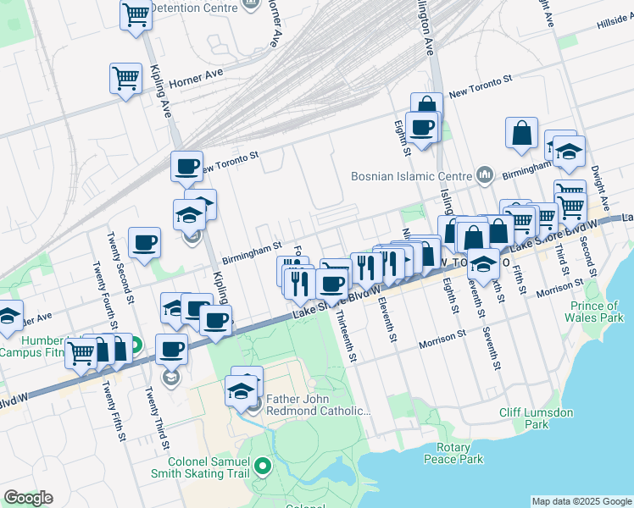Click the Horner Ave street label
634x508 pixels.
(x=196, y=78)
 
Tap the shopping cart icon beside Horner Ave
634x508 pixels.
(x=125, y=79)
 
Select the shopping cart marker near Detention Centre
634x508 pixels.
(x=136, y=15)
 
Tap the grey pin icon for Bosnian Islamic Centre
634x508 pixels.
(x=485, y=175)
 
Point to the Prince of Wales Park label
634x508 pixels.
(x=593, y=312)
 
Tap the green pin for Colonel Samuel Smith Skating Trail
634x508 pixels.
(x=263, y=465)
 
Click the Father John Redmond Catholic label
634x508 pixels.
(x=319, y=405)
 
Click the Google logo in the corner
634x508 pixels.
(x=28, y=498)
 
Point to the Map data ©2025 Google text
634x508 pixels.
(x=581, y=501)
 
